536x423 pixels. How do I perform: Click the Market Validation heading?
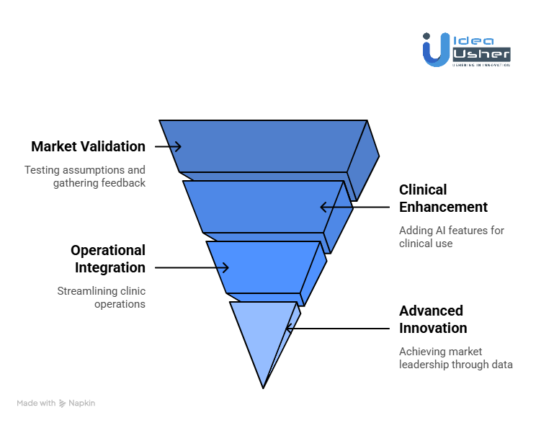(x=88, y=146)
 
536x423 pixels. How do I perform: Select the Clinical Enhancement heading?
(x=443, y=198)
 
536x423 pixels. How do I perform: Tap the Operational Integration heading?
(x=108, y=259)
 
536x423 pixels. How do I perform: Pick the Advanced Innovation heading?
(x=433, y=319)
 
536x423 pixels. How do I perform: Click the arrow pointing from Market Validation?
(x=168, y=146)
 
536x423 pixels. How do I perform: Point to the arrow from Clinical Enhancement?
(x=355, y=207)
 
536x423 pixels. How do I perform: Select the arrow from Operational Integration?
(x=192, y=267)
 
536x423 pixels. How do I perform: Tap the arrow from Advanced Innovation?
(x=337, y=329)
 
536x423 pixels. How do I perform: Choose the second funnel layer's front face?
(x=263, y=207)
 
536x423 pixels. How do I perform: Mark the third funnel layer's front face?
(x=263, y=267)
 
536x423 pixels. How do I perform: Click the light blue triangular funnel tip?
(x=263, y=335)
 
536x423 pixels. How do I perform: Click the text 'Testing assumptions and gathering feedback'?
(x=85, y=177)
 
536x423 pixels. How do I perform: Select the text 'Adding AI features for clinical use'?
(x=452, y=237)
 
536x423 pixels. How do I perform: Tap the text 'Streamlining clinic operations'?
(x=101, y=298)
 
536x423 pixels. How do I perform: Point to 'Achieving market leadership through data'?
(x=456, y=358)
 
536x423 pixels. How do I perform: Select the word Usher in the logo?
(x=482, y=54)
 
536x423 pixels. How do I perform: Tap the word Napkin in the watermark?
(x=81, y=403)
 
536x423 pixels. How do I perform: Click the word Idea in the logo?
(x=473, y=40)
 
